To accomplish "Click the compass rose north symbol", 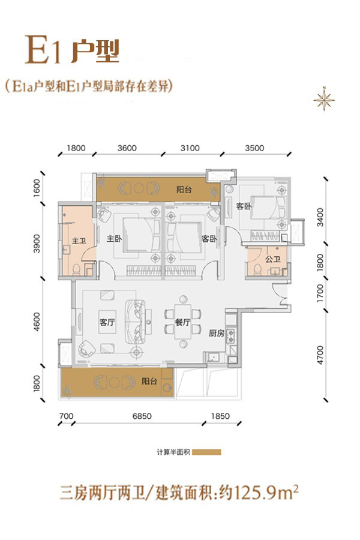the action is click(324, 99).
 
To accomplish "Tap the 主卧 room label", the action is click(114, 238).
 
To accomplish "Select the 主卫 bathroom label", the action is click(79, 241).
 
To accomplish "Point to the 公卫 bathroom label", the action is click(273, 259).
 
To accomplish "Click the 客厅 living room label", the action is click(107, 322).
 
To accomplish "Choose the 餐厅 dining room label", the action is click(182, 322).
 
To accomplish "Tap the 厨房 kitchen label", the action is click(217, 333).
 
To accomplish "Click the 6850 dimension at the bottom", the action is click(142, 416).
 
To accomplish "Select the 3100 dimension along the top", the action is click(190, 148).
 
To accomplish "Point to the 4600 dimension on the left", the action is click(37, 322).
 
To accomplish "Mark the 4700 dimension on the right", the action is click(320, 355).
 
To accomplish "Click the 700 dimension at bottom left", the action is click(66, 416).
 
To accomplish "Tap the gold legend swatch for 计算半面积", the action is click(206, 452).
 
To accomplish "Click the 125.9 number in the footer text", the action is click(253, 493).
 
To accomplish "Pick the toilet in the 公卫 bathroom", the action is click(257, 269).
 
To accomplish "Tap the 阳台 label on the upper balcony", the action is click(184, 190).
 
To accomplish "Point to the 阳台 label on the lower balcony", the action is click(149, 381).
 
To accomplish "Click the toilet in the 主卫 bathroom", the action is click(76, 269).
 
